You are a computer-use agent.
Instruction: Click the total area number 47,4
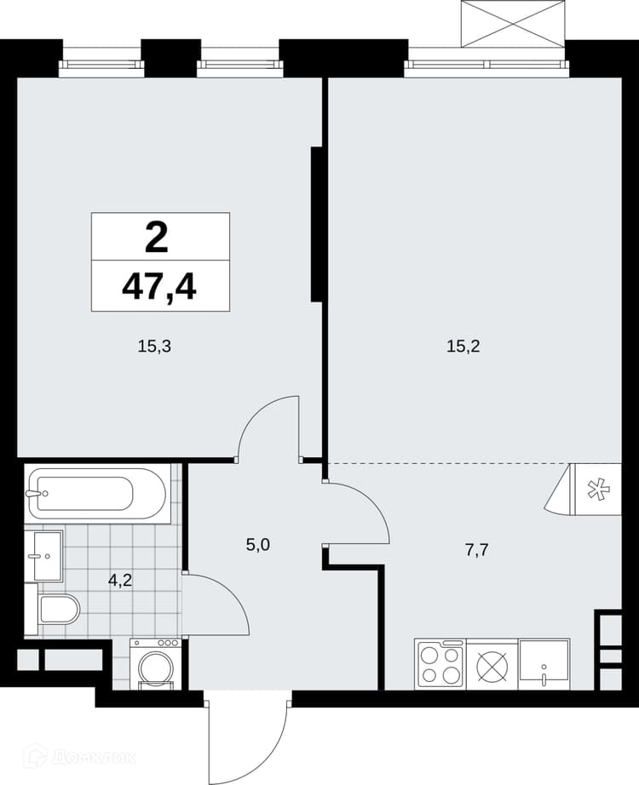pyautogui.click(x=158, y=288)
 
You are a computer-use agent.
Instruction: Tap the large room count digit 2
pyautogui.click(x=157, y=238)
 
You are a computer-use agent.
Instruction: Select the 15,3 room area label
pyautogui.click(x=154, y=346)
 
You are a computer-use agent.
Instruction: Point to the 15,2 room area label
pyautogui.click(x=463, y=346)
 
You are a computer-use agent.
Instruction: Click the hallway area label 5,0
pyautogui.click(x=258, y=545)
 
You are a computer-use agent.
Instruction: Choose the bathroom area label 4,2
pyautogui.click(x=120, y=581)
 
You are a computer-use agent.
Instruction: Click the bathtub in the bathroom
pyautogui.click(x=97, y=494)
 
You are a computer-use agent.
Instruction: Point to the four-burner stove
pyautogui.click(x=440, y=664)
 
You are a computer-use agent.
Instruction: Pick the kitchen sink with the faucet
pyautogui.click(x=544, y=664)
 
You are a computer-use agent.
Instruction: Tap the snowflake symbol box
pyautogui.click(x=596, y=489)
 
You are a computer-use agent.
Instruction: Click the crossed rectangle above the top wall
pyautogui.click(x=512, y=24)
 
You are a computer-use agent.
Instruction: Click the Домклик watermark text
pyautogui.click(x=92, y=757)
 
